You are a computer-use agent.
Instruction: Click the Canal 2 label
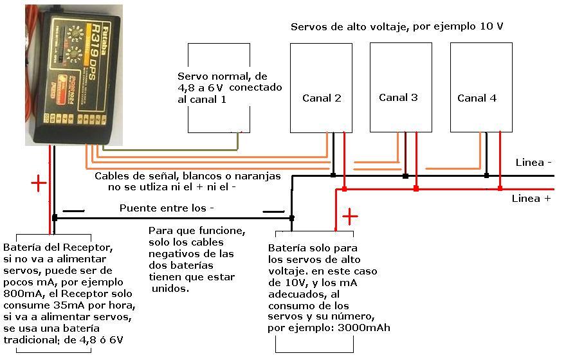(x=322, y=98)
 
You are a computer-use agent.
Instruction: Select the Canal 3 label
(x=398, y=98)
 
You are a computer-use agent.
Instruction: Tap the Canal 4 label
(x=477, y=98)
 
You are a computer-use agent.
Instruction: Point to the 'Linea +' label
(x=531, y=199)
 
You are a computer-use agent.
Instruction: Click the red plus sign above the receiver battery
(x=39, y=184)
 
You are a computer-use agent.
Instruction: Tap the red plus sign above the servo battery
(x=350, y=216)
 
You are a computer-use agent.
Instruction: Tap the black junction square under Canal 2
(x=333, y=175)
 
